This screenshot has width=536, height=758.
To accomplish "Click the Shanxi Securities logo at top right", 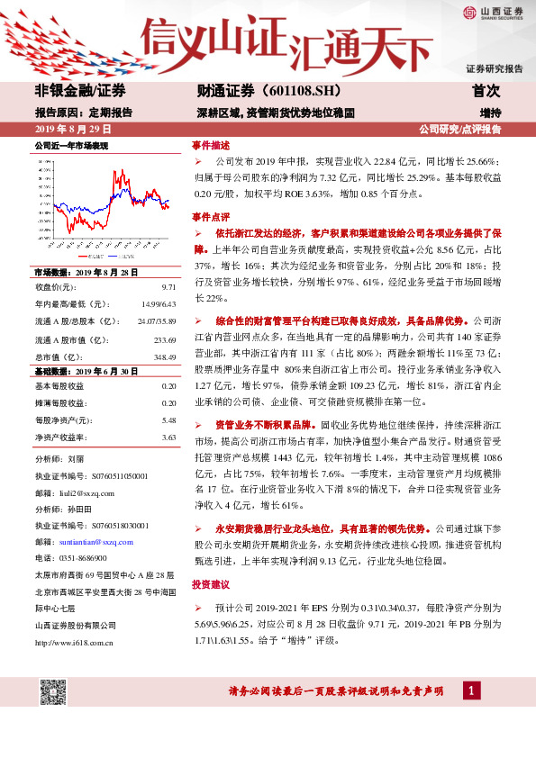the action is tap(493, 12).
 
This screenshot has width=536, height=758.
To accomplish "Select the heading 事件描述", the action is tap(211, 145).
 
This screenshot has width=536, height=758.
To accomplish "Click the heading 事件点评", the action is tap(211, 217).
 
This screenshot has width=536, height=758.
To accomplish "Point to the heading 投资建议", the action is tap(211, 584).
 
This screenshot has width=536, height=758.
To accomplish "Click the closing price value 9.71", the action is tap(168, 286).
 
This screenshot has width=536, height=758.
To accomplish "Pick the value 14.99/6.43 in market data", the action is tap(158, 304).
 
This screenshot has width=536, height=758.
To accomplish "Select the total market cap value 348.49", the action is tap(164, 357).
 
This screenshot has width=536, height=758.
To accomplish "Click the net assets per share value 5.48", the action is tap(168, 420).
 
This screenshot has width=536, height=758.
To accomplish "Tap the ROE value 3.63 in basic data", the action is tap(168, 437).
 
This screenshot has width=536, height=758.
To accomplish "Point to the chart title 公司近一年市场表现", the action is tap(71, 145).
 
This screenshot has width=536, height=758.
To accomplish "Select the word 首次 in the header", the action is tap(486, 91).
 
